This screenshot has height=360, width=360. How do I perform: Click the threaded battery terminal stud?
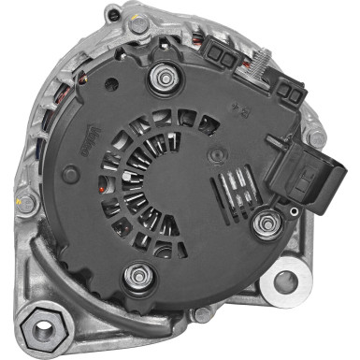pos(259,67)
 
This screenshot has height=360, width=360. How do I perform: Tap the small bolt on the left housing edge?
pos(28,201)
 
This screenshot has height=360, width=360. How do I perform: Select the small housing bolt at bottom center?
pos(201,316)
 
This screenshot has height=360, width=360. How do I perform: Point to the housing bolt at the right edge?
pos(319,138)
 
